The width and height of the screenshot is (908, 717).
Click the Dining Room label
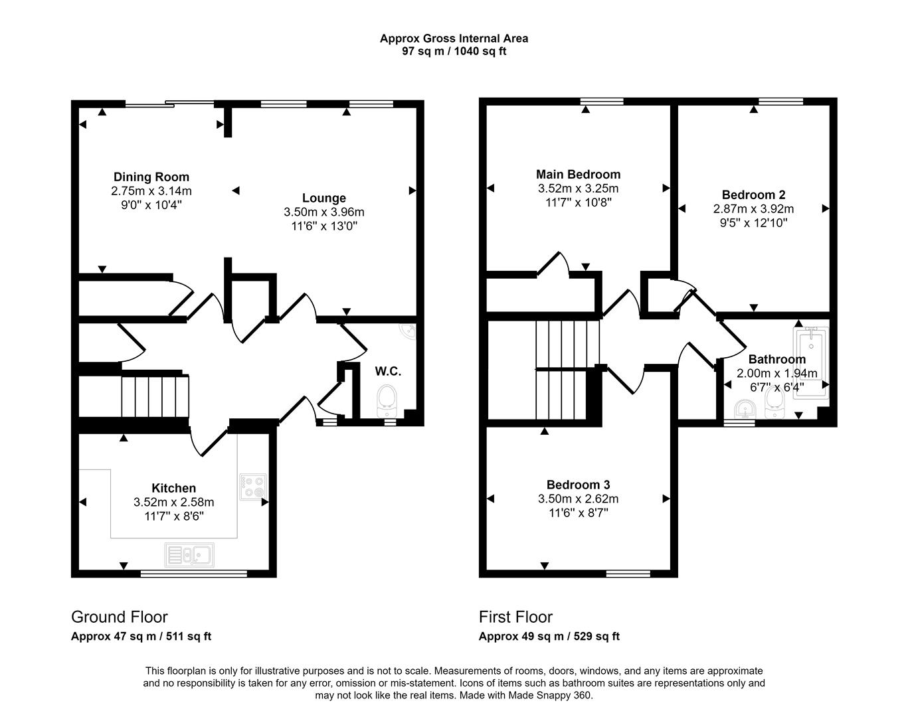[x=151, y=177]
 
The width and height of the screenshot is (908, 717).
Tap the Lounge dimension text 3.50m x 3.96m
[x=323, y=212]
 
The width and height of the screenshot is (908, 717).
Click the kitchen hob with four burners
[x=252, y=485]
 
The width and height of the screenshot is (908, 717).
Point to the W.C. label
[x=388, y=370]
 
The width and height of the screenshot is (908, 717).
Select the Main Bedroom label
[x=578, y=175]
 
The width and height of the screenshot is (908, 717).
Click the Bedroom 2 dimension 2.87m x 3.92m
[x=753, y=209]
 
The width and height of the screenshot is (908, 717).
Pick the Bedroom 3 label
[x=578, y=485]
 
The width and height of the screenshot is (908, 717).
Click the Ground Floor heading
[x=119, y=617]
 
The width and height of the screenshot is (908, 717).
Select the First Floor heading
[x=515, y=617]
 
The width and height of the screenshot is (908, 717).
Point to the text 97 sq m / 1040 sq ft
[x=454, y=51]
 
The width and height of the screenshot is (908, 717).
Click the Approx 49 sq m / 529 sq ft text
[x=549, y=636]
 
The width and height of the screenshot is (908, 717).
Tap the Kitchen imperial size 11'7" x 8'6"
[x=173, y=516]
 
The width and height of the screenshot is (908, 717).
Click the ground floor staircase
[x=154, y=396]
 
